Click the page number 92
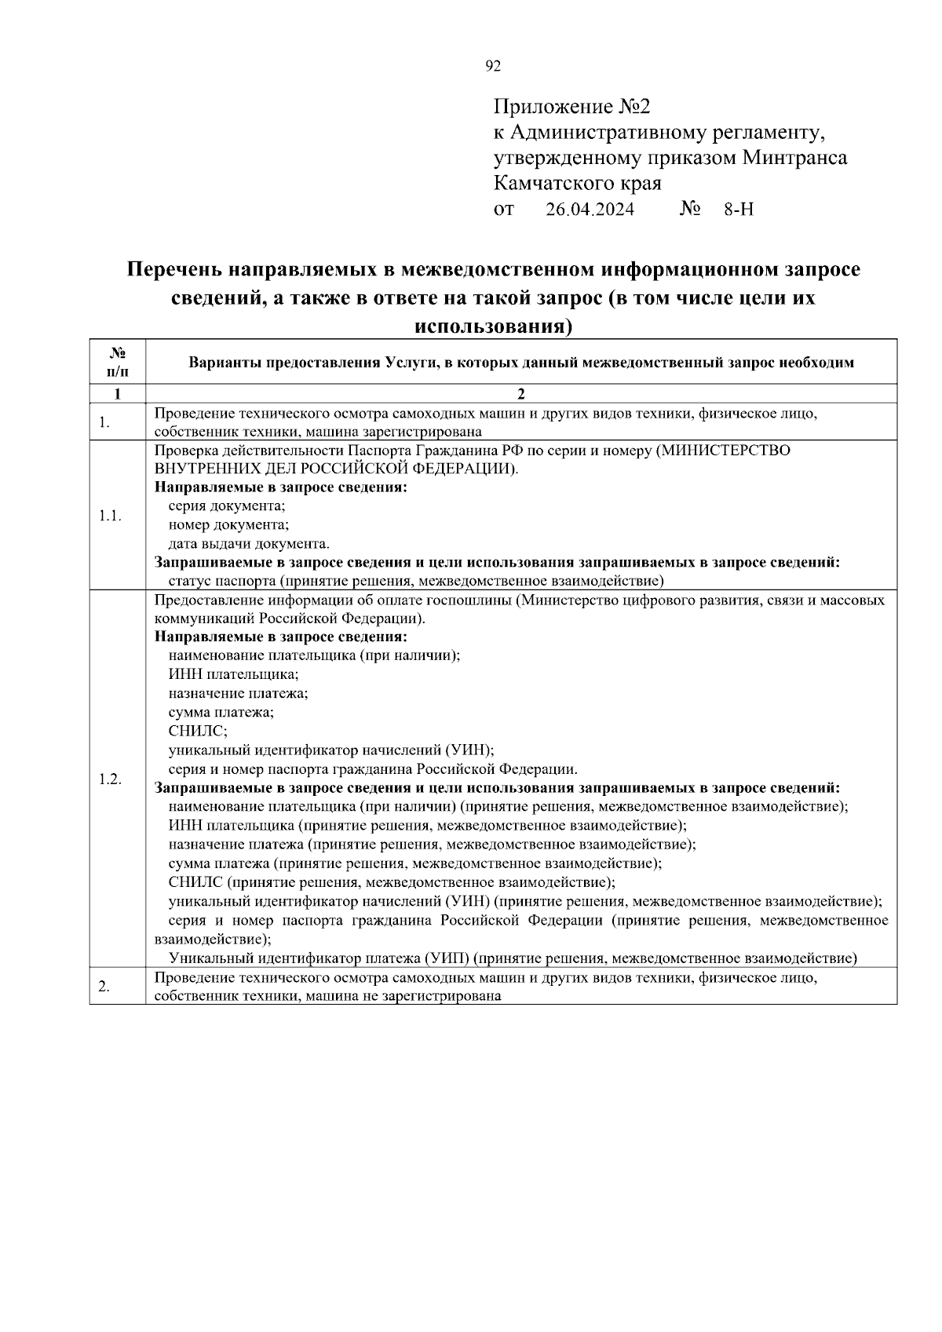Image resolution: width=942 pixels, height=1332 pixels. [493, 67]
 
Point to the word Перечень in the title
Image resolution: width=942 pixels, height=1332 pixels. [173, 270]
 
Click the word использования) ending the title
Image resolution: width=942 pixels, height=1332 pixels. [492, 327]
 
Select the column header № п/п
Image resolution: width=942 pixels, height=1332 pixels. [117, 362]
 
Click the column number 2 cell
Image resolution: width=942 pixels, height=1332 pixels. [520, 394]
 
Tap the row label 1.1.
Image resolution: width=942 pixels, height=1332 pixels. [110, 516]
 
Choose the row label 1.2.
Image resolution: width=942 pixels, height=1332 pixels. [110, 779]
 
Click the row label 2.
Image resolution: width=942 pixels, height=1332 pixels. [104, 987]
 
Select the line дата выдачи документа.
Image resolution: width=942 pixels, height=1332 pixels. [249, 544]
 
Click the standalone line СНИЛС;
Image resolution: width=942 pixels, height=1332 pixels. [198, 732]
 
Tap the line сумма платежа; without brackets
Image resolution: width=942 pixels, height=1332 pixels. [221, 713]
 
